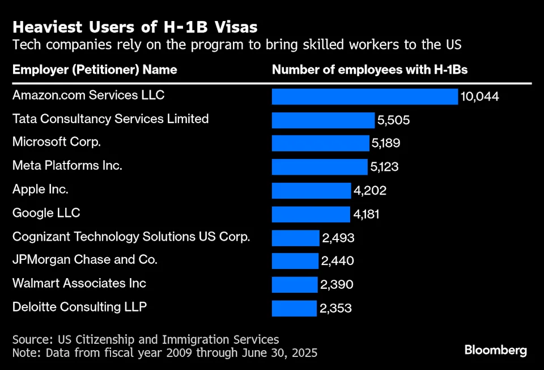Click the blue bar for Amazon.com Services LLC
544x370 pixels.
pos(364,96)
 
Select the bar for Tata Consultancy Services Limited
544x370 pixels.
pos(323,120)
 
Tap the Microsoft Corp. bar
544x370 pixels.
pos(320,143)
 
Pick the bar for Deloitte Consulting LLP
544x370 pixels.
pos(294,308)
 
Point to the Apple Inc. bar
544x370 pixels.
pos(311,191)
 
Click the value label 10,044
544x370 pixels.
pos(479,97)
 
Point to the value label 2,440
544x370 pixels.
pos(337,261)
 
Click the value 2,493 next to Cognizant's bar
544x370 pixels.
pos(338,238)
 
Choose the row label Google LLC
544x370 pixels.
pos(46,213)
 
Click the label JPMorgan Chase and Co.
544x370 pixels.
pos(84,260)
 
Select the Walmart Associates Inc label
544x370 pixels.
pos(79,283)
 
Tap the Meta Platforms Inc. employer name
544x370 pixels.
pos(67,166)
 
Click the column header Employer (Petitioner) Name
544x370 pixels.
pos(95,70)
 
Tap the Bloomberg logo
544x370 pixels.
pos(495,350)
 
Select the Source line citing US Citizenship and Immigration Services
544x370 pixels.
pos(146,339)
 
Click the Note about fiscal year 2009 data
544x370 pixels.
pos(164,352)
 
